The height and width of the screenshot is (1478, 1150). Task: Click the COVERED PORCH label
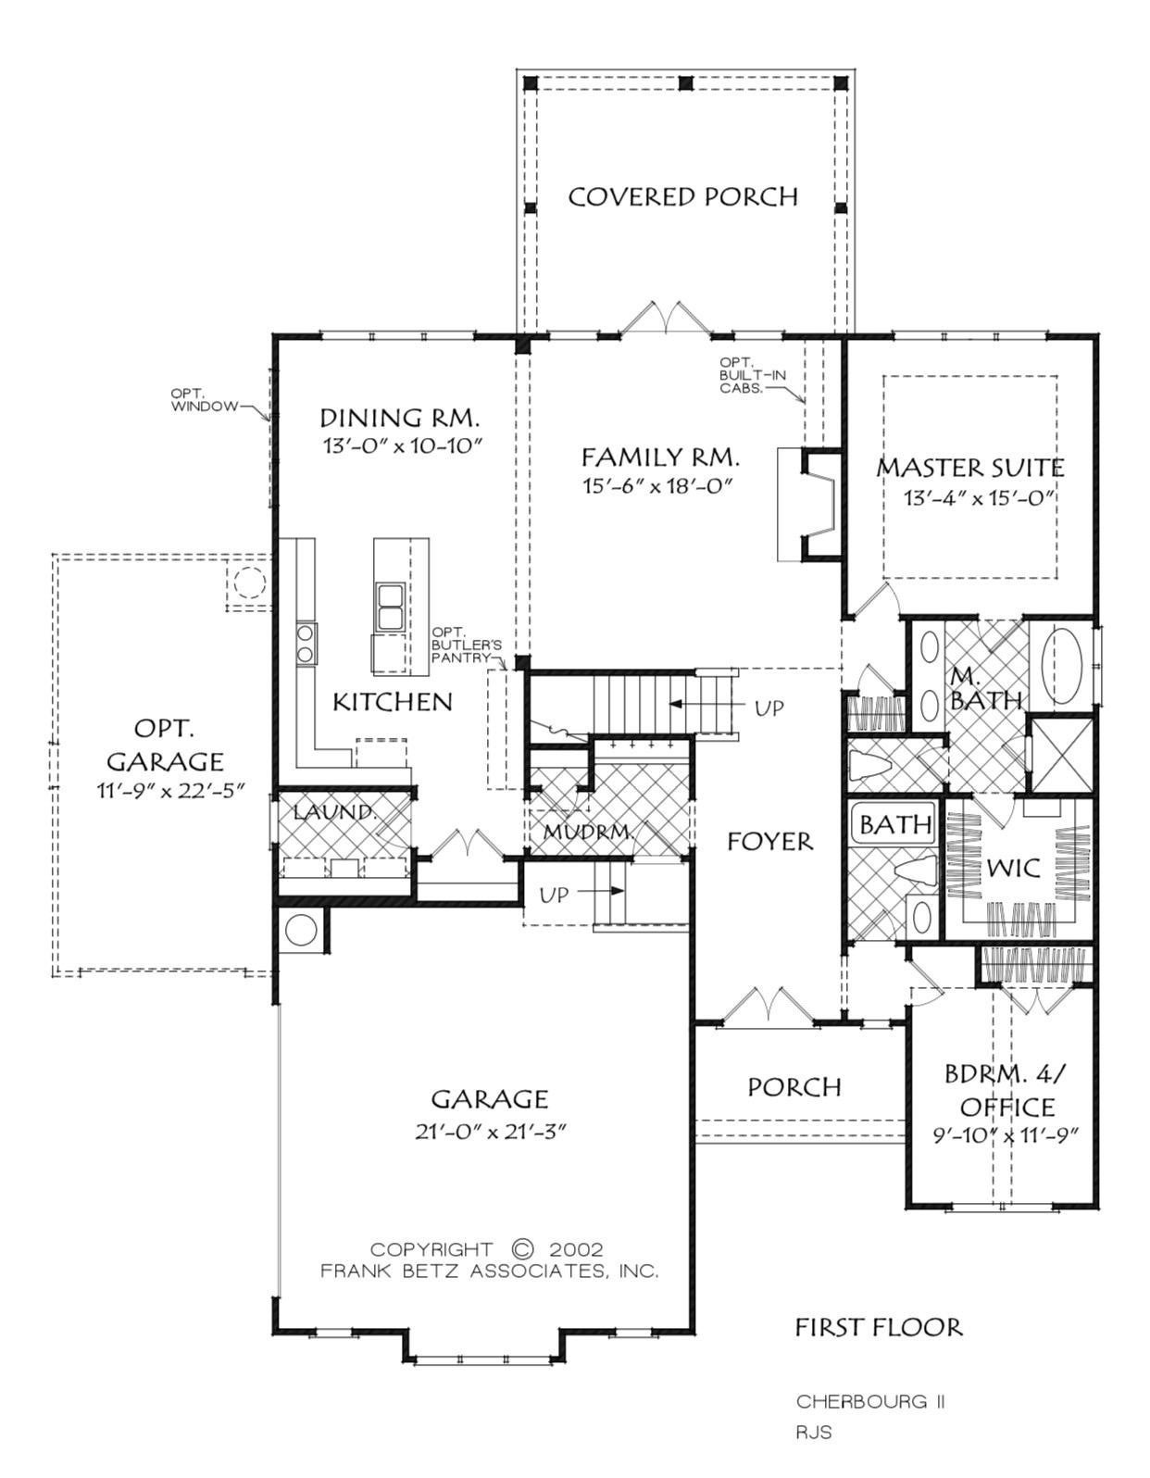pos(682,197)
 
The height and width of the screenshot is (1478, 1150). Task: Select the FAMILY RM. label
pos(659,457)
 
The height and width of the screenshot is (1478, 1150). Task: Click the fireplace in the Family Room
pos(809,504)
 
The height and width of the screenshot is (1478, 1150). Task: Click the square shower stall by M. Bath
pos(1062,755)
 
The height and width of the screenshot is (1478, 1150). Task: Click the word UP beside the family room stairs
pos(769,708)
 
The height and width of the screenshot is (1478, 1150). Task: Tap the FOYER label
pos(770,842)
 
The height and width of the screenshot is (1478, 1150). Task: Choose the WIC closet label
pos(1013,867)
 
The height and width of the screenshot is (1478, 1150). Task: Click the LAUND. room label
pos(334,811)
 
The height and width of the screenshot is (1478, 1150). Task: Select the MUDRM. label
pos(589,832)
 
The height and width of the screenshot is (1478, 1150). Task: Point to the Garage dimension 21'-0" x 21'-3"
pos(491,1132)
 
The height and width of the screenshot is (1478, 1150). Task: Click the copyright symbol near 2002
pos(521,1248)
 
